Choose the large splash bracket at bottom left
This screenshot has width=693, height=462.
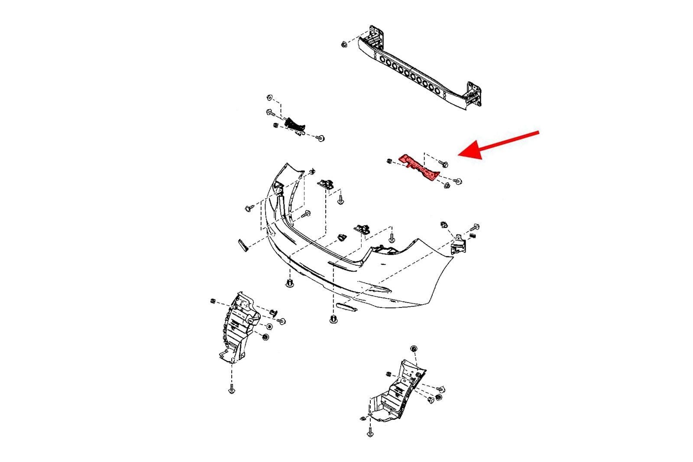238,327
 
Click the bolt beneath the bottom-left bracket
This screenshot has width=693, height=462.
232,390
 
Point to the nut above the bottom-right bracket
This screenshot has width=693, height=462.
413,349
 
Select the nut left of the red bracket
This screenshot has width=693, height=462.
389,162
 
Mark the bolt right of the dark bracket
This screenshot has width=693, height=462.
321,139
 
